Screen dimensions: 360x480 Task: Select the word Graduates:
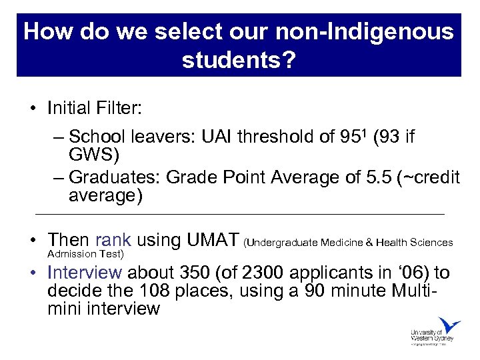tap(114, 178)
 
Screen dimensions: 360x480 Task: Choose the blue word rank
tap(113, 240)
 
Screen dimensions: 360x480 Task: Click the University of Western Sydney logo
tap(435, 331)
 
